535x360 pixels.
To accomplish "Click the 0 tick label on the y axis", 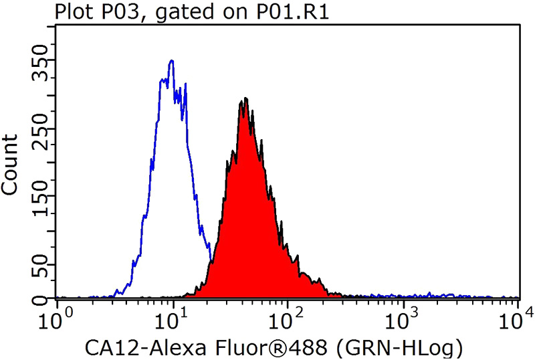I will pos(41,298).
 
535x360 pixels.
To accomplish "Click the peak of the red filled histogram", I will pos(246,98).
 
